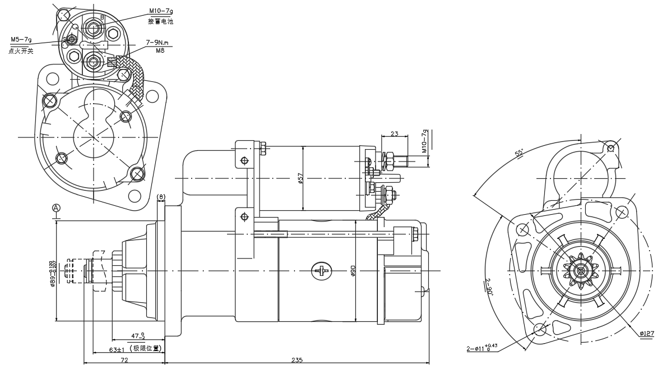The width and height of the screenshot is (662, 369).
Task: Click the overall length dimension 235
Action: (297, 360)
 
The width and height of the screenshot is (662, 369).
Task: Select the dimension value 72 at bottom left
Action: (124, 360)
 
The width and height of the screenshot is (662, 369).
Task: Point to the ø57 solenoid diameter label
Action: (300, 179)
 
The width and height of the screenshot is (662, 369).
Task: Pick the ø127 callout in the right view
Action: (646, 334)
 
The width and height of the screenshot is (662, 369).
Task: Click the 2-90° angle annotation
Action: (488, 287)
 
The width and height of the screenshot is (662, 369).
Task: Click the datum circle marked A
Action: (56, 207)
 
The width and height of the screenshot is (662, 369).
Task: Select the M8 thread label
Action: (160, 50)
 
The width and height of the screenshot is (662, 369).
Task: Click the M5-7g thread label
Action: (21, 40)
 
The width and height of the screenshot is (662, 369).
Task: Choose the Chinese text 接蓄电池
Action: (161, 21)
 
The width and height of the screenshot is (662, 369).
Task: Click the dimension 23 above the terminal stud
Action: (394, 134)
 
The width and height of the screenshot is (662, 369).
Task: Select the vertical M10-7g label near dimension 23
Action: (424, 141)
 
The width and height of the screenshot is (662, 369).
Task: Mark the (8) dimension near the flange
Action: (161, 197)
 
